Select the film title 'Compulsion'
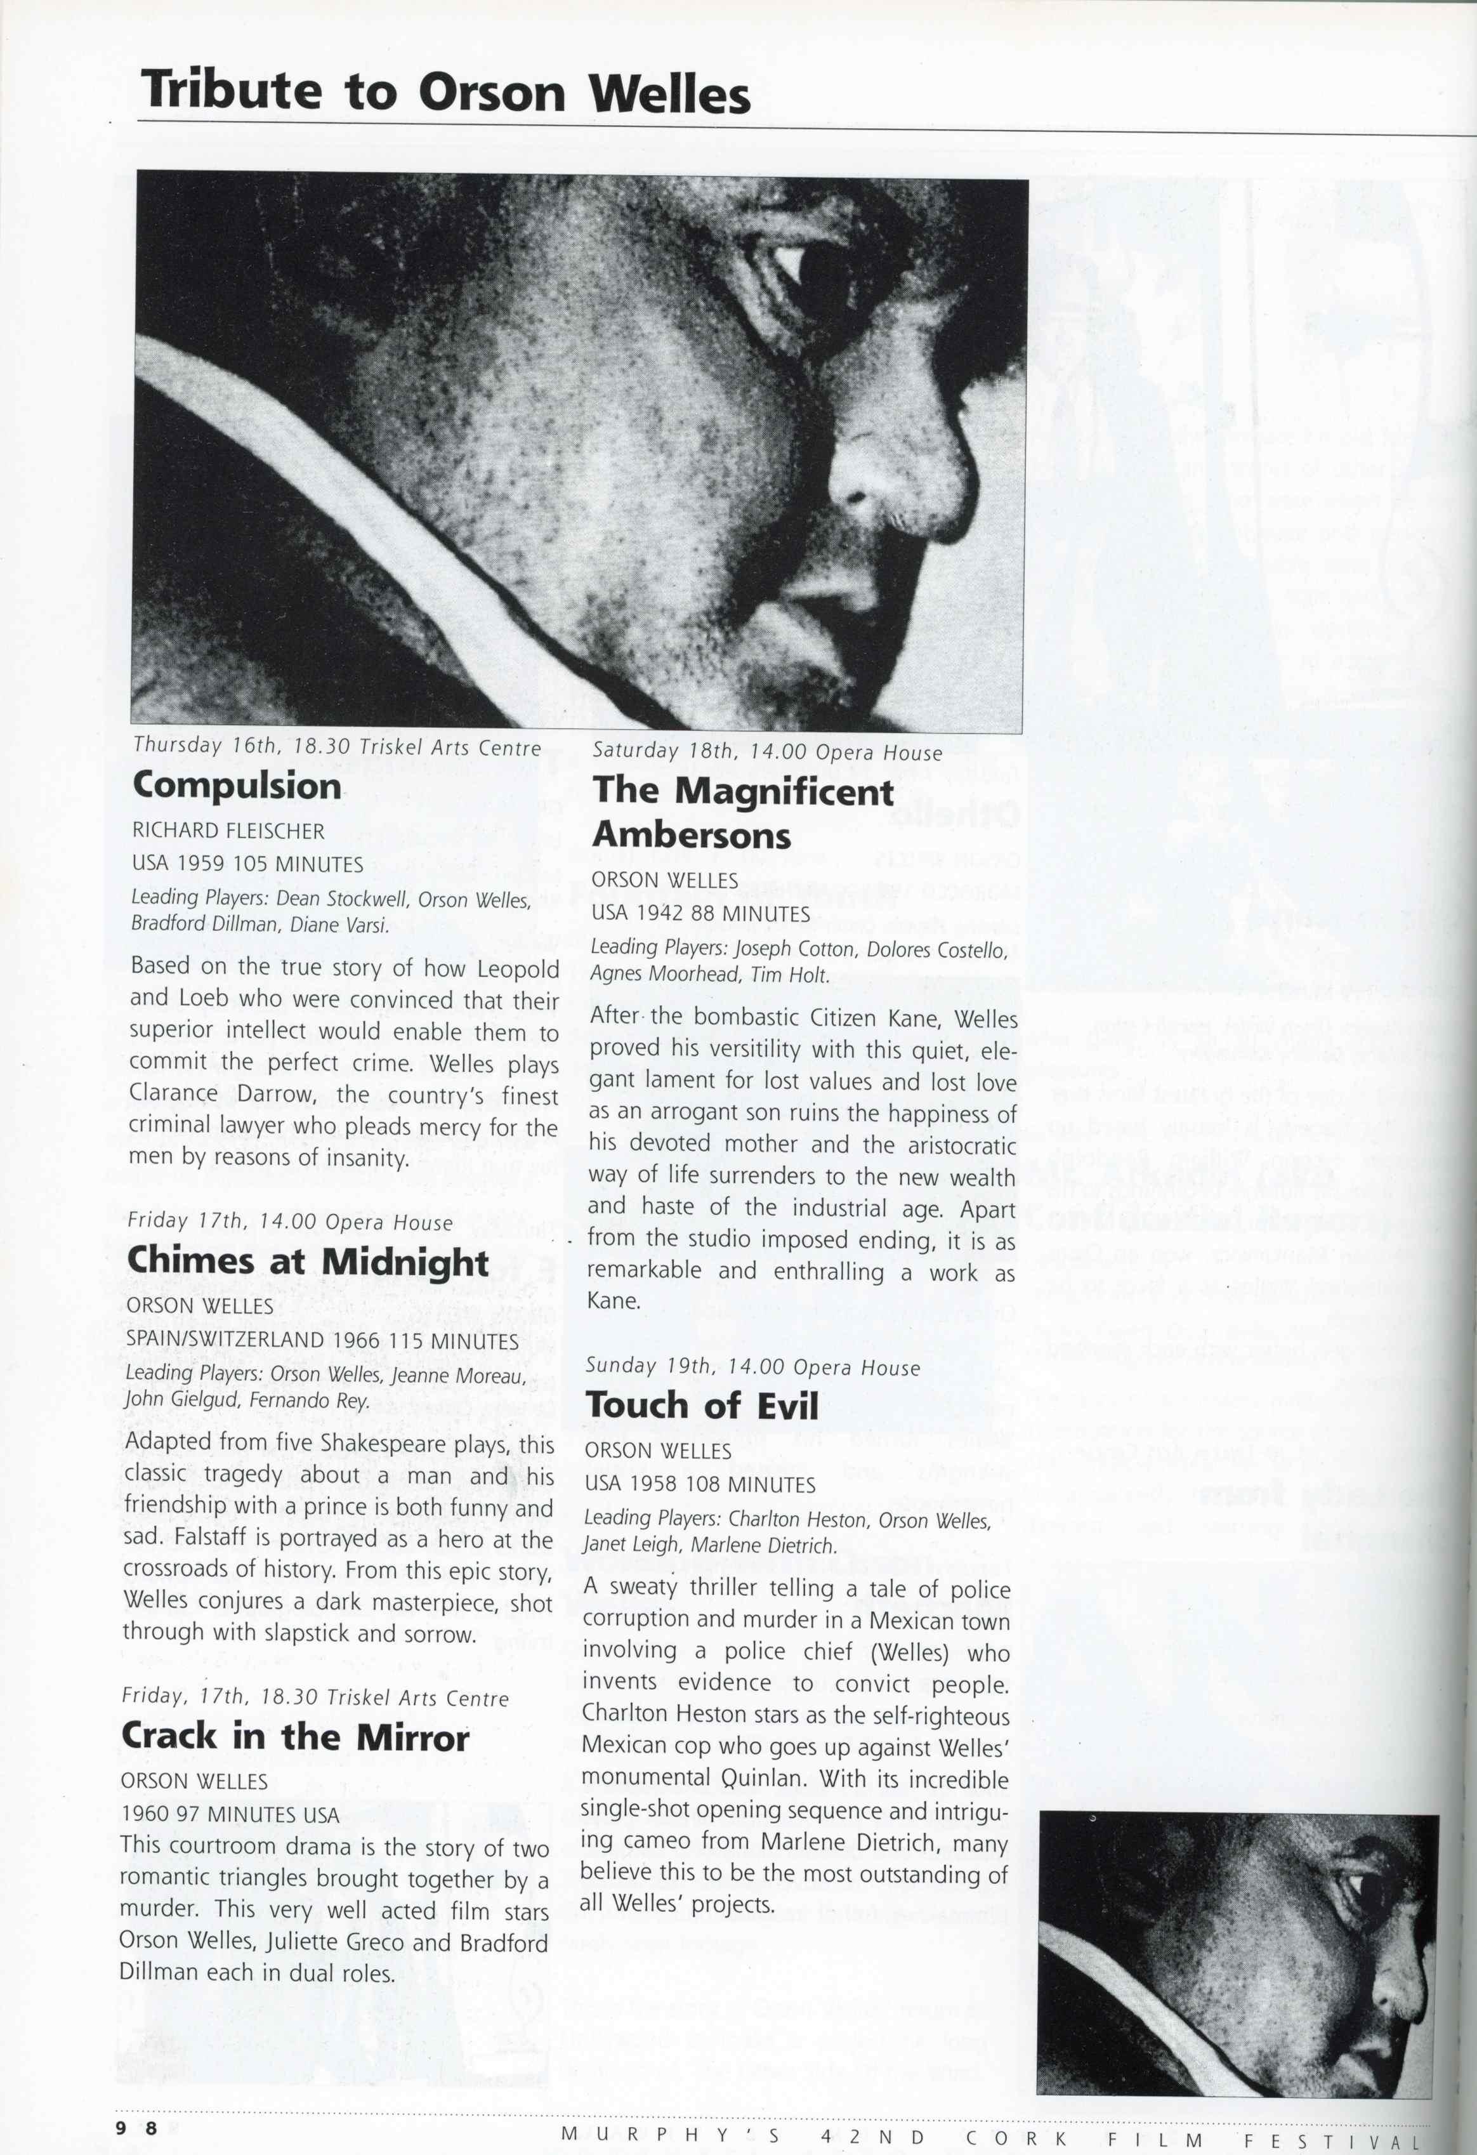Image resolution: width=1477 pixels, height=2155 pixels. click(237, 786)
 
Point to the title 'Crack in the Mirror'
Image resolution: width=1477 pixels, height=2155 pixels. click(295, 1736)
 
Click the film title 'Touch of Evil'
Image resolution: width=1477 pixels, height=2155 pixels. click(702, 1405)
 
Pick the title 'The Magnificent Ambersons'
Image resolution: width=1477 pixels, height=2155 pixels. click(743, 812)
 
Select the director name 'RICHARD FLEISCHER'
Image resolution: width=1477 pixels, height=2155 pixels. click(228, 831)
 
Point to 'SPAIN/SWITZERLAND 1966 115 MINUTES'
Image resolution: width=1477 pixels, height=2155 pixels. click(322, 1341)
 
